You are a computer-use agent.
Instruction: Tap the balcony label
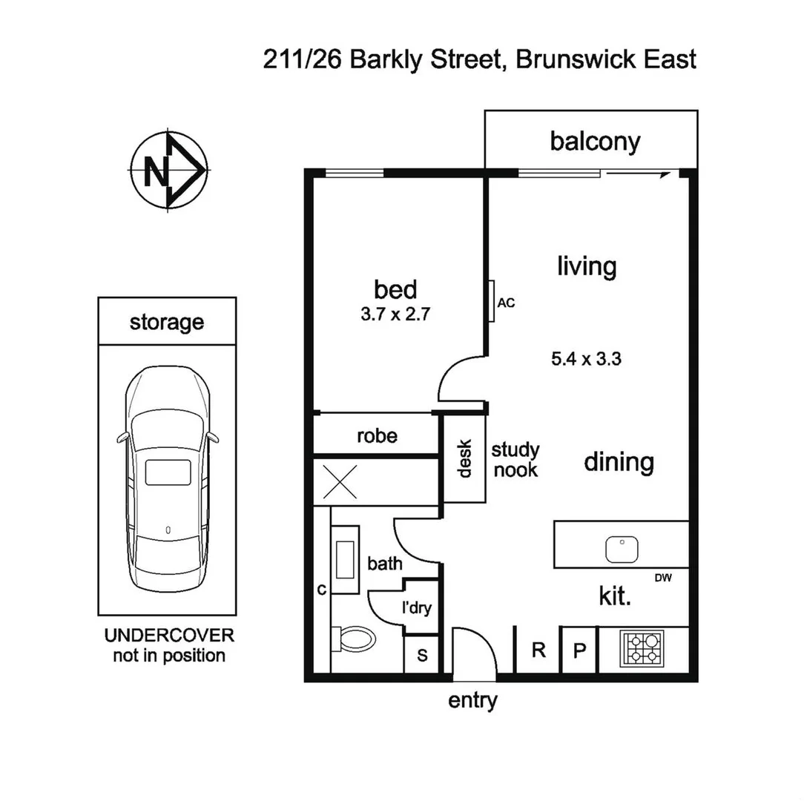click(x=595, y=141)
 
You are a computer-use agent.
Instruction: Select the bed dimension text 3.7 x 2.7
click(x=395, y=314)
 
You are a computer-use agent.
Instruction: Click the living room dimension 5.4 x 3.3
click(x=586, y=360)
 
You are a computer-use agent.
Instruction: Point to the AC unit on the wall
click(x=492, y=302)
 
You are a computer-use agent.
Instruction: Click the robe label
click(x=377, y=436)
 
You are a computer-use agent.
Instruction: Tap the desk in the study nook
click(x=464, y=458)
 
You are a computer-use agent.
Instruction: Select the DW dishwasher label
click(x=663, y=578)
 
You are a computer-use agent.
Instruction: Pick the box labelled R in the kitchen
click(x=539, y=650)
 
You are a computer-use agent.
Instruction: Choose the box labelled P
click(x=579, y=650)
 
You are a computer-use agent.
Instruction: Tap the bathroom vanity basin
click(x=346, y=559)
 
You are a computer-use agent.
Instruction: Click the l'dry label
click(x=416, y=609)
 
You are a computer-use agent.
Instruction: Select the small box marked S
click(x=422, y=655)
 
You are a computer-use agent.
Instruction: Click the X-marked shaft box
click(x=342, y=482)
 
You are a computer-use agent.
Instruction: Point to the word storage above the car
click(x=167, y=322)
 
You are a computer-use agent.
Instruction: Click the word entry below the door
click(x=472, y=700)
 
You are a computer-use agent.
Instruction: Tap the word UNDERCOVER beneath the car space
click(x=169, y=636)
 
